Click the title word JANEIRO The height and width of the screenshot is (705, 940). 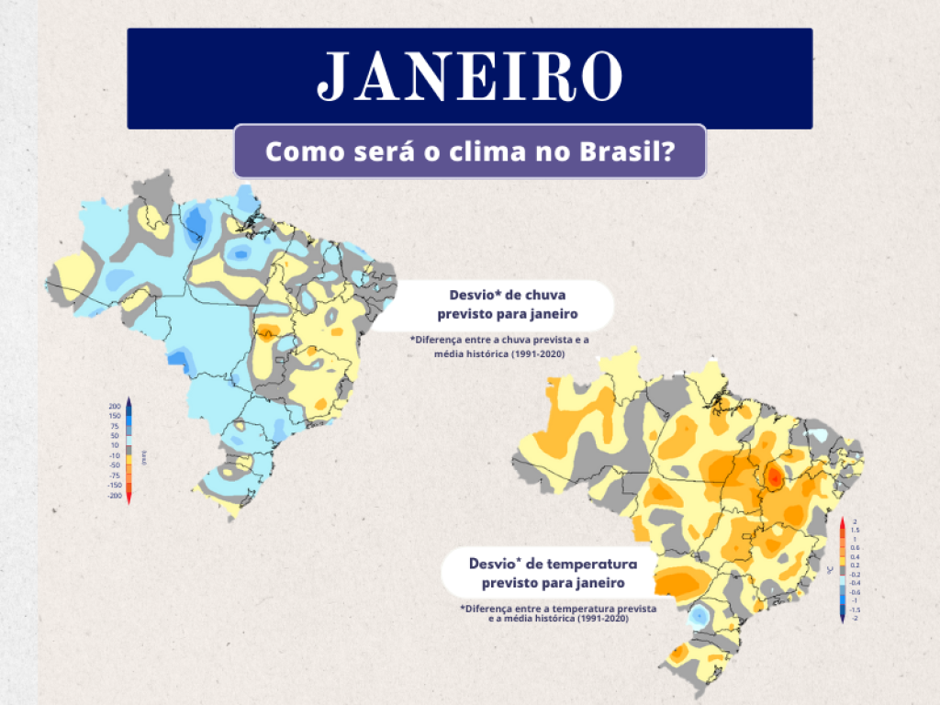(x=469, y=77)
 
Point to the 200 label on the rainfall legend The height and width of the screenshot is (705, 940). (x=115, y=406)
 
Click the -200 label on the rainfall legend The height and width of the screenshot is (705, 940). (x=115, y=496)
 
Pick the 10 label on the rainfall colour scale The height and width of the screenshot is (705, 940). (x=115, y=445)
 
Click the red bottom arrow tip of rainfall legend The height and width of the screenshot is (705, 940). (x=129, y=501)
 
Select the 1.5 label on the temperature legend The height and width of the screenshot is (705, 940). (x=855, y=531)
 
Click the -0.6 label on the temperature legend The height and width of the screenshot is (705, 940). (x=855, y=592)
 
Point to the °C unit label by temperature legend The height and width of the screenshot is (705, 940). (x=830, y=570)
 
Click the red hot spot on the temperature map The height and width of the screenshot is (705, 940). (x=775, y=477)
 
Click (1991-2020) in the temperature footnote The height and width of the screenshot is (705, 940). (x=603, y=619)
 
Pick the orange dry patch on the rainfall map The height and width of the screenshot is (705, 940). (x=269, y=331)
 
